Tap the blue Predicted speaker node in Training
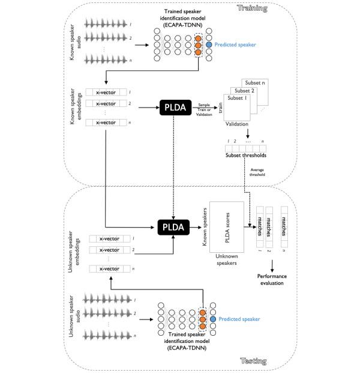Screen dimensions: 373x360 tap(209, 45)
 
